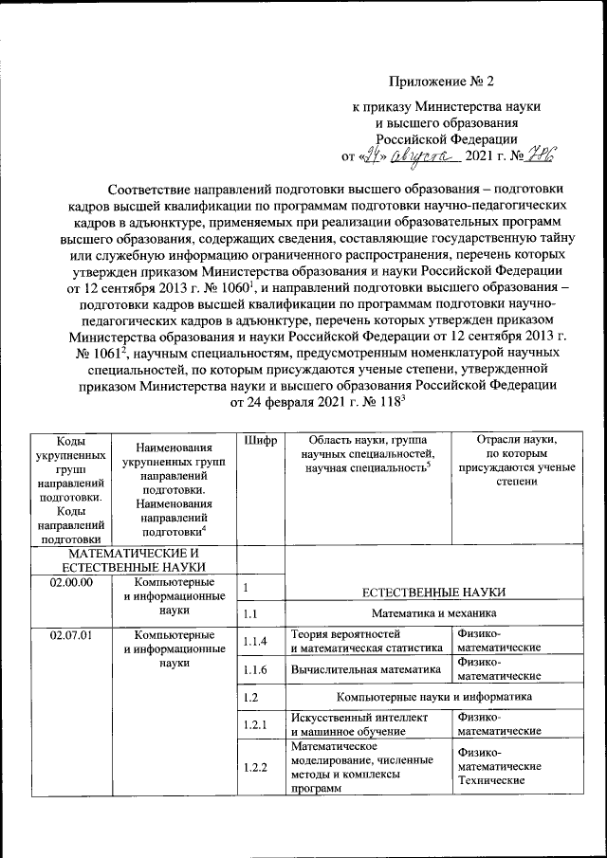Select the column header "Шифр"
point(258,441)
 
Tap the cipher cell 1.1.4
point(253,642)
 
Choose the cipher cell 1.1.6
point(253,669)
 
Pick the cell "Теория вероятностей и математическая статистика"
point(366,642)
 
